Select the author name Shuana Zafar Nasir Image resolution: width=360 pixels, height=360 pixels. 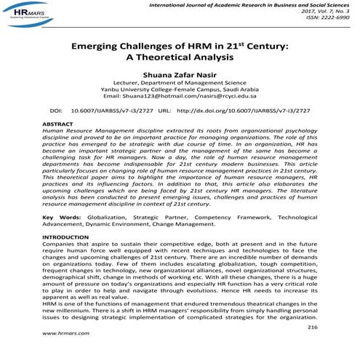coord(180,76)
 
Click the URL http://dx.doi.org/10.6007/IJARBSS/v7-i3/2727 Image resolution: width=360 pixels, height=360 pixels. coord(244,112)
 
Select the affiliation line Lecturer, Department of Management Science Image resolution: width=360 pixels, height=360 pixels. coord(180,86)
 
